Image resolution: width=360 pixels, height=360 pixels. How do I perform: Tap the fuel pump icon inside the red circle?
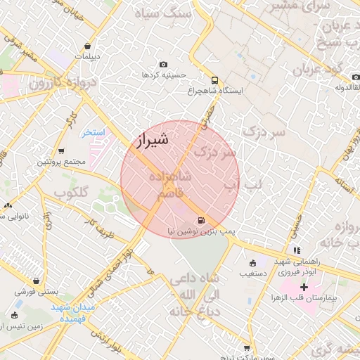point(202,220)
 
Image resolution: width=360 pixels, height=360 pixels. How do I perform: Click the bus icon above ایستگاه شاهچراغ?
point(214,80)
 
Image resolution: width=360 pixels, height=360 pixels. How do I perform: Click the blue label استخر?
point(92,132)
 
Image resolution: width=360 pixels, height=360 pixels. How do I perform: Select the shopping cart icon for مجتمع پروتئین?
point(61,151)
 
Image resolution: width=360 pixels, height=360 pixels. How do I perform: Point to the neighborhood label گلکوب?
point(71,192)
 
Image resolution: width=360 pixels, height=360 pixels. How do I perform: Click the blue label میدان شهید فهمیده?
point(77,313)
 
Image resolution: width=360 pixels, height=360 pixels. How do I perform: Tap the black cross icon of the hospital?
point(304,287)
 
